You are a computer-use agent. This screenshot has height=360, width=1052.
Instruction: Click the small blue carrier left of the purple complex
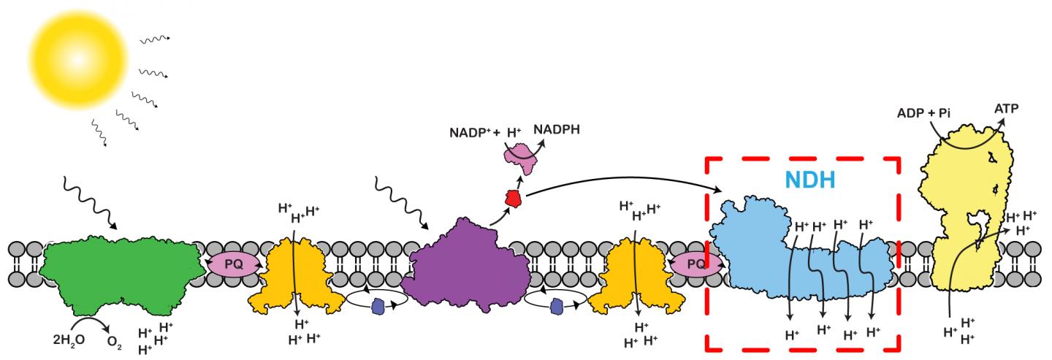click(377, 306)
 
